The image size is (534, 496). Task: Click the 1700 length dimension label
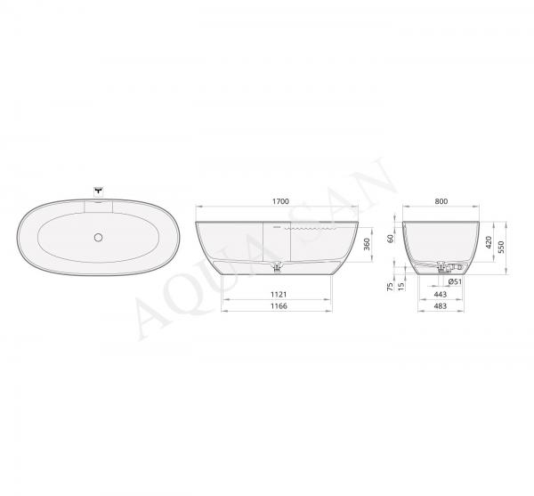pyautogui.click(x=280, y=201)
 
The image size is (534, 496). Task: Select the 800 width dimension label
pyautogui.click(x=441, y=201)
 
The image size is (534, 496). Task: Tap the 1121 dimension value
pyautogui.click(x=279, y=294)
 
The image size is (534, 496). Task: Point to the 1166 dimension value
pyautogui.click(x=279, y=306)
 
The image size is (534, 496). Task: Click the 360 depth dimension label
pyautogui.click(x=367, y=244)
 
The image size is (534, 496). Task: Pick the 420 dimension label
pyautogui.click(x=489, y=242)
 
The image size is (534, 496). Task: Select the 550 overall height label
pyautogui.click(x=500, y=247)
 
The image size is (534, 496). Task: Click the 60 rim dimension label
pyautogui.click(x=391, y=239)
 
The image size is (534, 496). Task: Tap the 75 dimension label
pyautogui.click(x=390, y=287)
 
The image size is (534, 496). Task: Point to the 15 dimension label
pyautogui.click(x=401, y=286)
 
